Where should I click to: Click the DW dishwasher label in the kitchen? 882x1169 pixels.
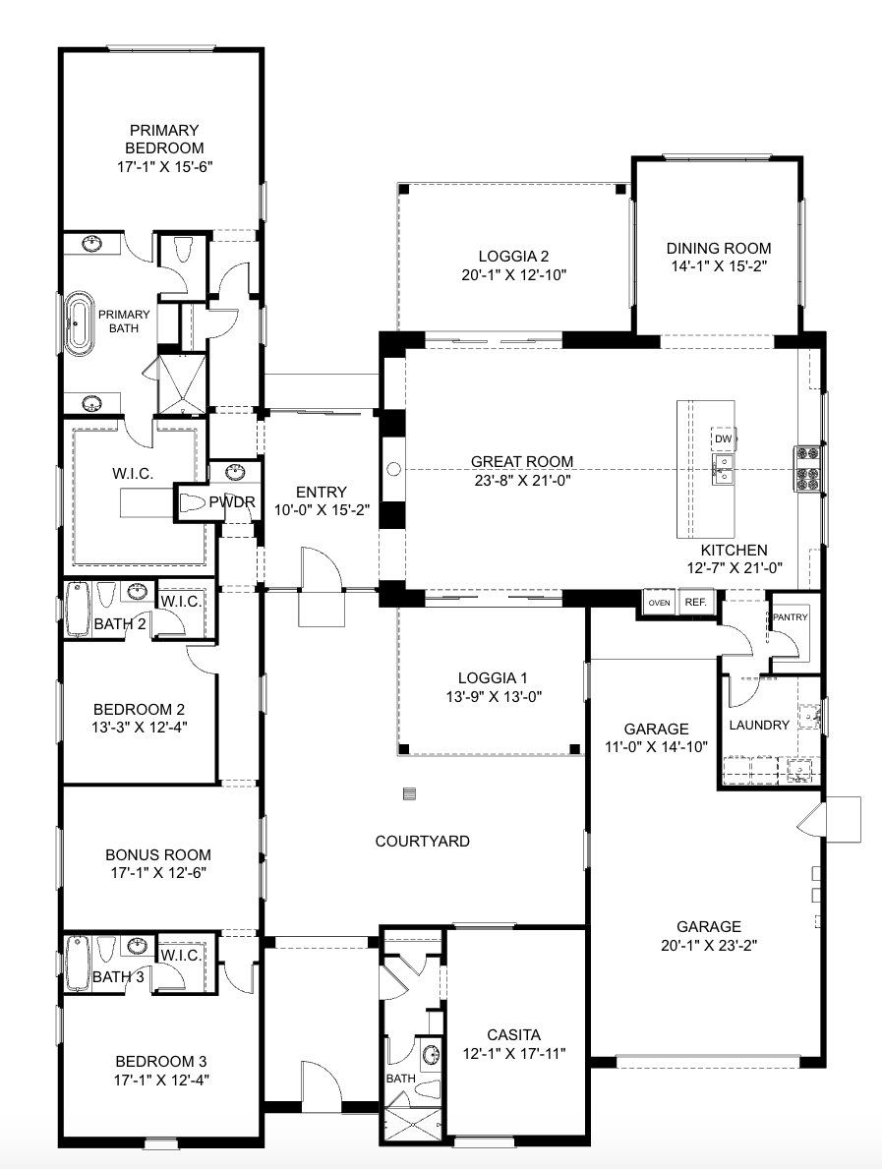[723, 438]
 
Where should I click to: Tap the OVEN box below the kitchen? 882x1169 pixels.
[658, 602]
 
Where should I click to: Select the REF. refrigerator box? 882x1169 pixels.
[695, 602]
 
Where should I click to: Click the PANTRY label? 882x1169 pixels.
[791, 616]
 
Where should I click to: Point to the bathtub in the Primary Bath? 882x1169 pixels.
[79, 323]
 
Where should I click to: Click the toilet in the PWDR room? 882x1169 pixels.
[193, 502]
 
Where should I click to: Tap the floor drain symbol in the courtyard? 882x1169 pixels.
[410, 793]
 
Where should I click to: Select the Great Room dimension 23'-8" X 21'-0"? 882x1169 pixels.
[521, 481]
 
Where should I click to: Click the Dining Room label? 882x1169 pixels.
[718, 249]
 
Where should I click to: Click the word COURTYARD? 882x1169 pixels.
[422, 842]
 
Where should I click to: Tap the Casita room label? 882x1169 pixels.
[513, 1035]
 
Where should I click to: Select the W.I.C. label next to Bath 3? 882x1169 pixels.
[181, 955]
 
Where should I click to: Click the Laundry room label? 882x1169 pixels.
[759, 725]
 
